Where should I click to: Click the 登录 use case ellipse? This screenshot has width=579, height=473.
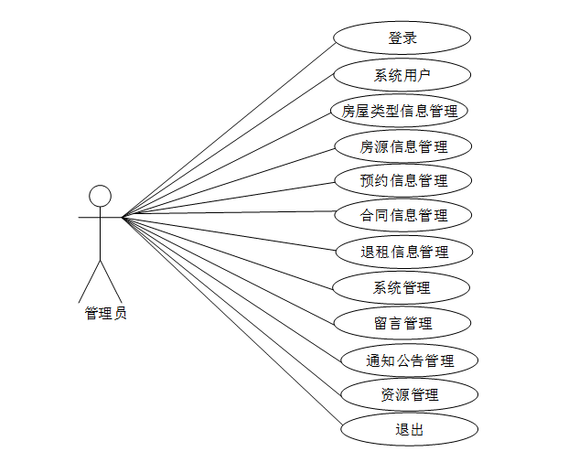click(x=402, y=38)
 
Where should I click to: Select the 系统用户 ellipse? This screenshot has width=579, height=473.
click(x=402, y=75)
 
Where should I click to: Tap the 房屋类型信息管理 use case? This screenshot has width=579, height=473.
click(x=400, y=111)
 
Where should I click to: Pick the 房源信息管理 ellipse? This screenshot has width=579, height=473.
click(x=403, y=145)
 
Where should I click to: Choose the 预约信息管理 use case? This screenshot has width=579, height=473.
click(x=403, y=180)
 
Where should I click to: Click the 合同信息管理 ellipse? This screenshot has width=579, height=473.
click(x=403, y=216)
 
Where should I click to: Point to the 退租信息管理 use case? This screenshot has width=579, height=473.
click(x=403, y=252)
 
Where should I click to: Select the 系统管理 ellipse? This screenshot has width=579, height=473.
click(x=402, y=288)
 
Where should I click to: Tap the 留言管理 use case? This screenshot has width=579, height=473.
click(x=402, y=323)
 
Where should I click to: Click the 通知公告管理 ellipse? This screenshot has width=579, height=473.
click(x=410, y=360)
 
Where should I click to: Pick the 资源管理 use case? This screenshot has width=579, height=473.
click(x=409, y=394)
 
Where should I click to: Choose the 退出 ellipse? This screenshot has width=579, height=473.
click(x=409, y=429)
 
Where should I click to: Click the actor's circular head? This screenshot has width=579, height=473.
click(x=100, y=196)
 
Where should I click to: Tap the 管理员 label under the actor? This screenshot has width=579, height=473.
click(x=105, y=314)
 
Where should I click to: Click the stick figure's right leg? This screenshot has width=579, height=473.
click(x=111, y=280)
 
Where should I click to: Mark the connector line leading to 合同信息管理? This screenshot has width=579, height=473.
click(x=229, y=217)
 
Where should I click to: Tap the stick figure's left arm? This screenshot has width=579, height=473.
click(x=88, y=218)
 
